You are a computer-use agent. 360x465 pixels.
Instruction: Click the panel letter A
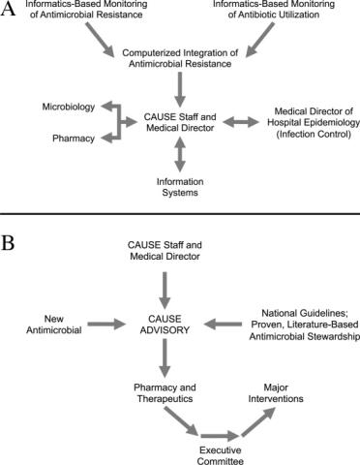8,9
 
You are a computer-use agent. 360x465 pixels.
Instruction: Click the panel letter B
8,243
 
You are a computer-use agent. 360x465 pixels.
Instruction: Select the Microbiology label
69,107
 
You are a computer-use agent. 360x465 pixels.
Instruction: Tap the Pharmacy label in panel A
74,139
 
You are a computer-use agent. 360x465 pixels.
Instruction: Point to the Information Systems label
180,187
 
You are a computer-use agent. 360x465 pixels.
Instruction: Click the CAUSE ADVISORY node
165,325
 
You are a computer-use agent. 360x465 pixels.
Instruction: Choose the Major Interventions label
276,392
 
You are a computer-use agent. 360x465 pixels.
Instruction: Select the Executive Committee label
221,455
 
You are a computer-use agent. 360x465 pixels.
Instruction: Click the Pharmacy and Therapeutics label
165,392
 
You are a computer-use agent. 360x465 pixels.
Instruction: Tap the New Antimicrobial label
54,325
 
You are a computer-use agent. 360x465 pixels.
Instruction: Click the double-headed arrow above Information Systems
180,154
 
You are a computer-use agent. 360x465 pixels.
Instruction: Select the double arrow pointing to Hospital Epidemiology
241,122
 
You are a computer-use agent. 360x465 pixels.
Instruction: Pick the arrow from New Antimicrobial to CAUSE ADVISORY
106,324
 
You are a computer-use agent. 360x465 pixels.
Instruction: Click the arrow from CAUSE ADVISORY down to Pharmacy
165,357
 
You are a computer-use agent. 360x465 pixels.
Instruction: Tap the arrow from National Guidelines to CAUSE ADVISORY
223,324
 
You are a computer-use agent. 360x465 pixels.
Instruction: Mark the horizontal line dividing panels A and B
180,214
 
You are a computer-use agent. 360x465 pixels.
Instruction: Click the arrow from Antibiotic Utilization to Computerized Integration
260,40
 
